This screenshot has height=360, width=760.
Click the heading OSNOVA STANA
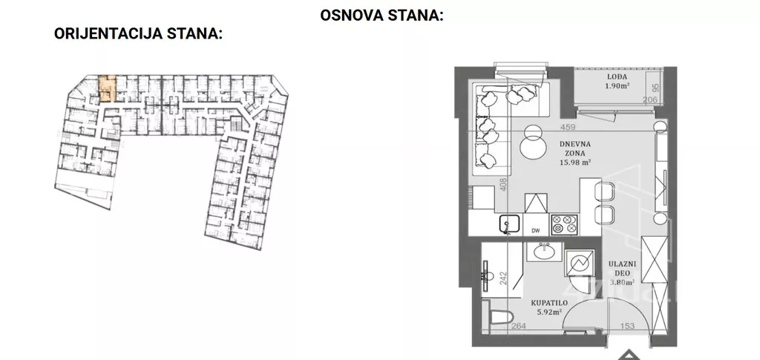(x=381, y=15)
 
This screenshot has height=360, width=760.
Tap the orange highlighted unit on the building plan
(x=108, y=88)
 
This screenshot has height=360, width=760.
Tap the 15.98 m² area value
(x=575, y=163)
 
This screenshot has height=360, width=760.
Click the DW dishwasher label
(x=536, y=231)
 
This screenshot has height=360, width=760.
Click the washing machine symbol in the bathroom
(x=580, y=262)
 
